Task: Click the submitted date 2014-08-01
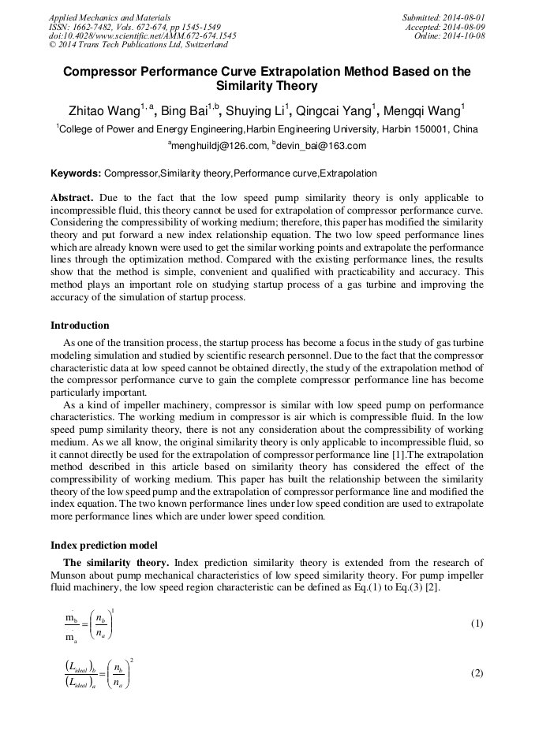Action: point(465,17)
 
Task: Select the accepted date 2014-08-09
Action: point(465,26)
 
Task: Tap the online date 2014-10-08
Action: point(465,35)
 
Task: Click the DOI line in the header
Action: point(142,35)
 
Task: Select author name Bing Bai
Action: point(184,110)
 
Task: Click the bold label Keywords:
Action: point(76,173)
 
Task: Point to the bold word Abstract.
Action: point(72,198)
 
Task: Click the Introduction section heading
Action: point(80,326)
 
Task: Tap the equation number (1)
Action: point(477,624)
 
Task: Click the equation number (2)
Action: point(477,673)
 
